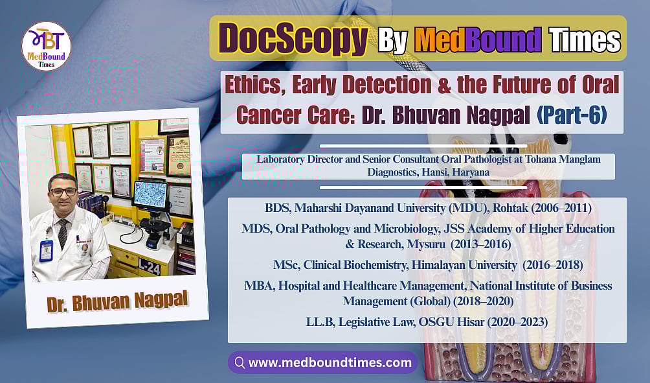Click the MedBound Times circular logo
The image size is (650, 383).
[x=47, y=45]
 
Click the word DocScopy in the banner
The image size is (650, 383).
[x=293, y=39]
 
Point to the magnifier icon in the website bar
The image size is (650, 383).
[x=240, y=363]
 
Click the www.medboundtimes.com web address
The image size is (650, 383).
[x=330, y=363]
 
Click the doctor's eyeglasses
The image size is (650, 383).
[x=63, y=192]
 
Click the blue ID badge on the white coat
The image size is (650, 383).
[x=46, y=250]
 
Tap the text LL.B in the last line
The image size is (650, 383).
[x=320, y=320]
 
